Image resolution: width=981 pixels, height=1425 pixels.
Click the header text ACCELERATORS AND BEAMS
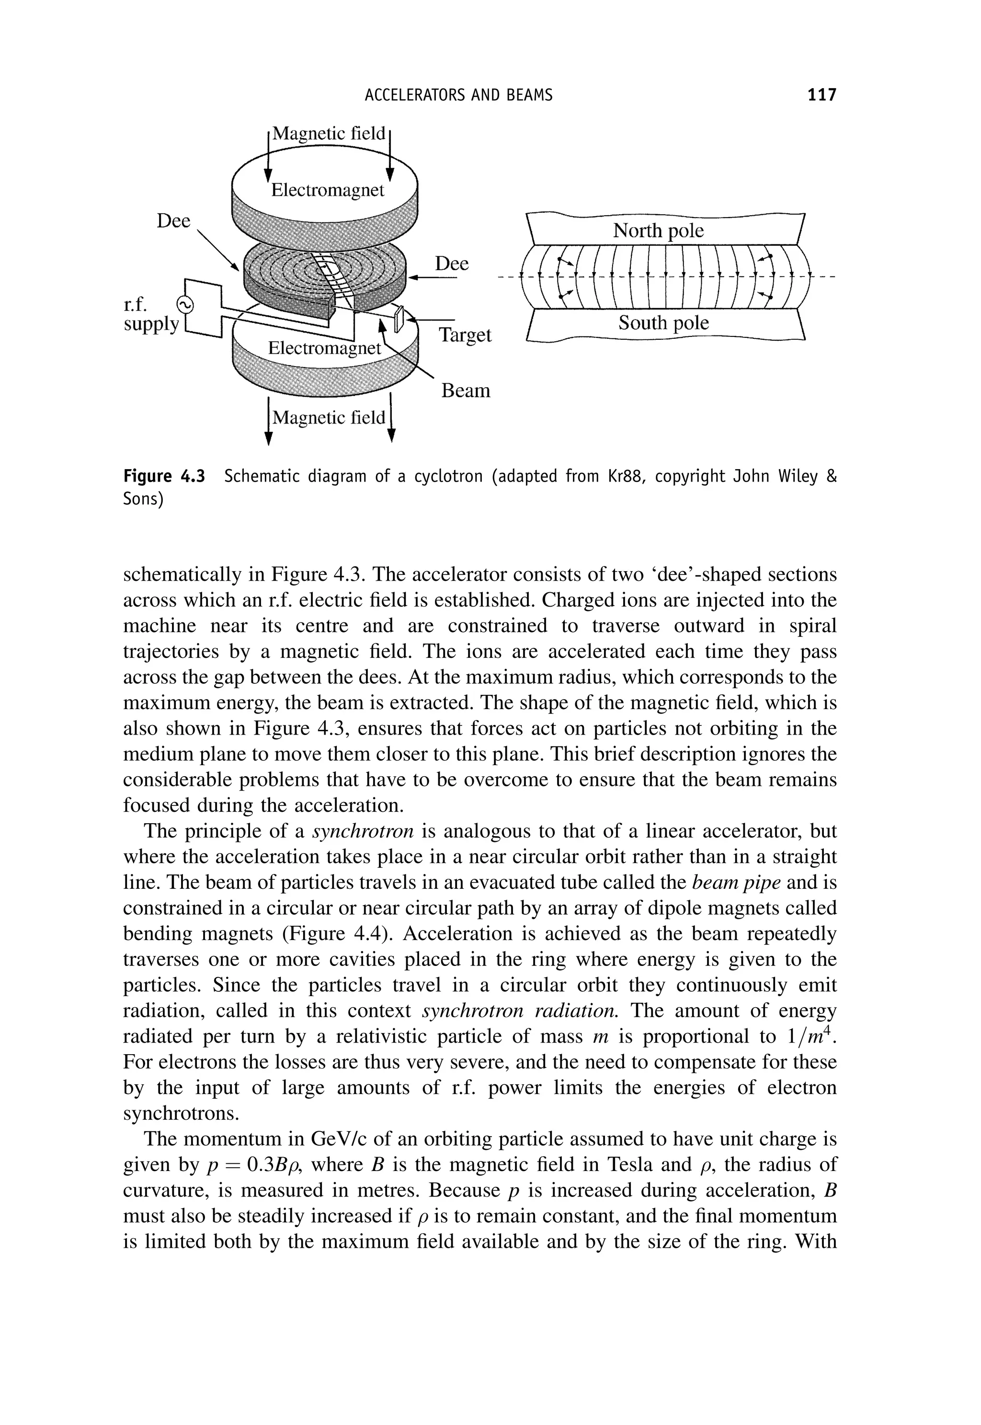pos(458,95)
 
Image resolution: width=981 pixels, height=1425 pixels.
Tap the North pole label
pos(658,230)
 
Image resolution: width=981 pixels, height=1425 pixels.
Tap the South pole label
pos(663,323)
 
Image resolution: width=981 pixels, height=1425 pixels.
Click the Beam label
pos(465,391)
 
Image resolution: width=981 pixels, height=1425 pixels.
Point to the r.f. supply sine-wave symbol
pos(184,304)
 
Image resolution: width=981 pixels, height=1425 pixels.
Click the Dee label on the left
pos(173,221)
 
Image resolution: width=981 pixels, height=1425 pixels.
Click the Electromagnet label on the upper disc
pos(327,191)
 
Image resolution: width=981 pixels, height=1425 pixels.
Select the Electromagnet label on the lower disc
pos(325,348)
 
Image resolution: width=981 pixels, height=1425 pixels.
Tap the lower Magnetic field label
pos(329,418)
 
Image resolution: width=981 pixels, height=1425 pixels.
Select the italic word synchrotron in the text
pos(363,831)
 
